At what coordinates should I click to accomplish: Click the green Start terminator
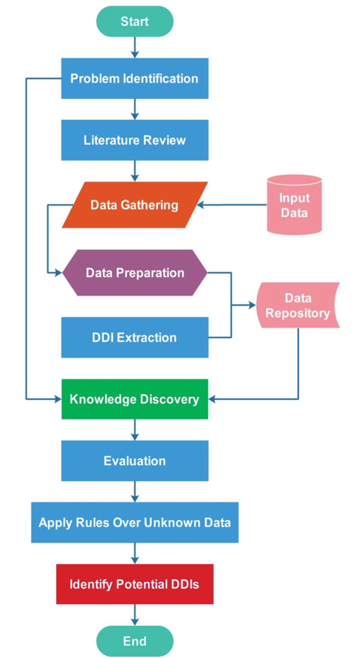coord(135,21)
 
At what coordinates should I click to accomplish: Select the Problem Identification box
coord(135,78)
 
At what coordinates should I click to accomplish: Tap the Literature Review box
coord(135,140)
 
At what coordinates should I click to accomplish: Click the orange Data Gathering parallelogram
coord(135,205)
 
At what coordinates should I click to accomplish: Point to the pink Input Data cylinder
coord(294,205)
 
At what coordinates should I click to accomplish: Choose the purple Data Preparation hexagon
coord(135,273)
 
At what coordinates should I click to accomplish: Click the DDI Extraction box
coord(135,337)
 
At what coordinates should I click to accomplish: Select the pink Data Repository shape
coord(297,305)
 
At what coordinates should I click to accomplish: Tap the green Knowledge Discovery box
coord(135,399)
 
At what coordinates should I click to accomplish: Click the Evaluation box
coord(135,461)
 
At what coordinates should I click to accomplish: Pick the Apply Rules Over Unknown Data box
coord(135,523)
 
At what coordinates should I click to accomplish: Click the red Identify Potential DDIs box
coord(135,584)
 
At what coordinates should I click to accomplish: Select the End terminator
coord(135,641)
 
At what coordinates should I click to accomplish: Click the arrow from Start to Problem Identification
coord(135,47)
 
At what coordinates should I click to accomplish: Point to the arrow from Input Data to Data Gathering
coord(233,205)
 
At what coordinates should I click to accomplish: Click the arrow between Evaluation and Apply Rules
coord(135,491)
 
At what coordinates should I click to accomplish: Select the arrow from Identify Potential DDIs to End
coord(135,615)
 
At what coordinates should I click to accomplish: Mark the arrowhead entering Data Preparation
coord(58,273)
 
